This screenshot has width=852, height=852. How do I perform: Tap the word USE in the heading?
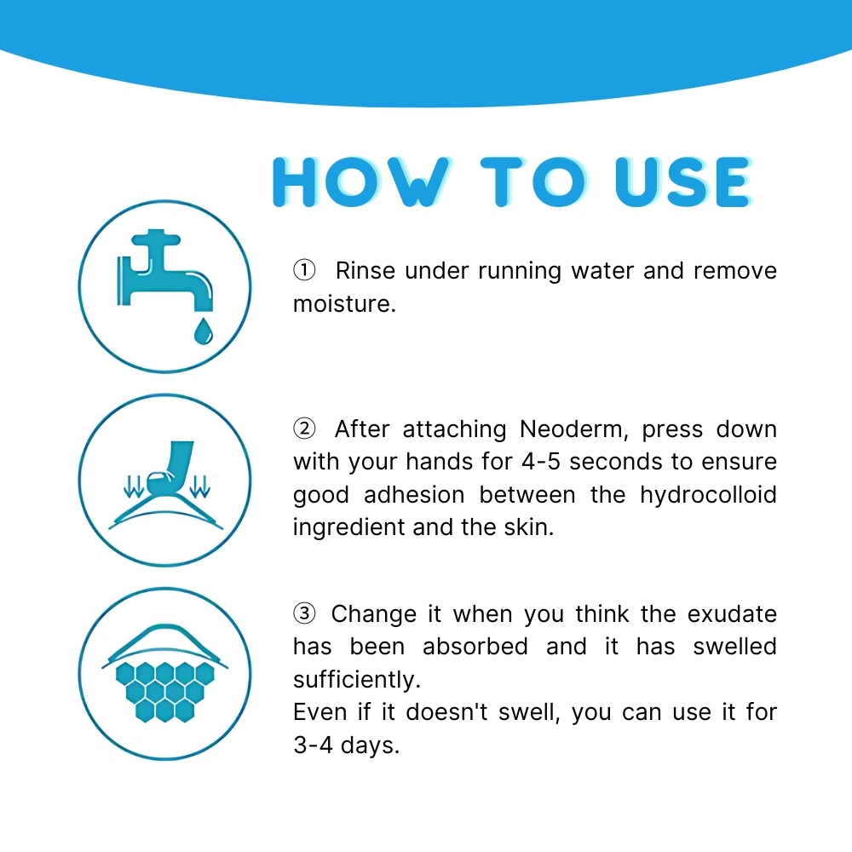coord(682,181)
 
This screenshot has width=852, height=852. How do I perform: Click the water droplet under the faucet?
coord(203,331)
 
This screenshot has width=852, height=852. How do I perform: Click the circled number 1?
coord(304,271)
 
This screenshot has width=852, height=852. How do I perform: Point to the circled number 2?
coord(304,429)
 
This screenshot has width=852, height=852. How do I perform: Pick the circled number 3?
coord(304,613)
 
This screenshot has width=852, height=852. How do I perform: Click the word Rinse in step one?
coord(366,271)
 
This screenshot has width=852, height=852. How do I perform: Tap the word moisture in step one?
coord(344,304)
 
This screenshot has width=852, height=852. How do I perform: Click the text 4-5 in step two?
coord(541,462)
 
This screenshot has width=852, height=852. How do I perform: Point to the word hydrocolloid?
coord(708,495)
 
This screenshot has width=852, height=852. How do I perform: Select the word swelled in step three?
coord(734,647)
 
